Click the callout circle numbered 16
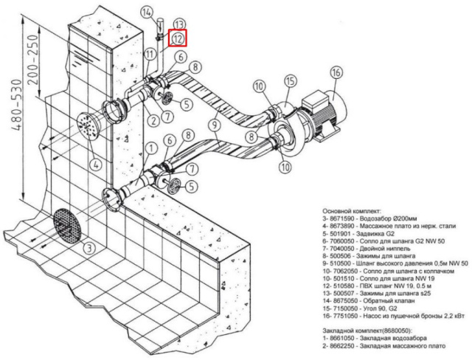click(336, 73)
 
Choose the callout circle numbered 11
click(150, 54)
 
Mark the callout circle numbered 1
click(150, 147)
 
